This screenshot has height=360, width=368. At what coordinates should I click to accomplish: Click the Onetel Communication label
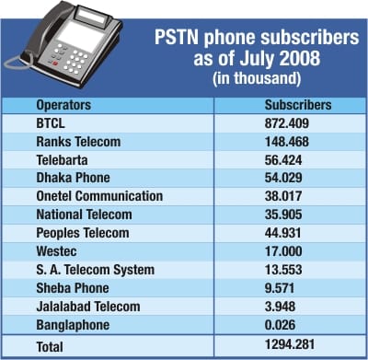coord(98,196)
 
